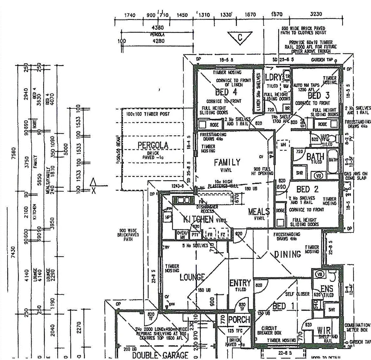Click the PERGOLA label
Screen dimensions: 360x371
(153, 145)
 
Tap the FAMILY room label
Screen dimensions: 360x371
(227, 162)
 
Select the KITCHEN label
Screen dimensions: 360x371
(198, 219)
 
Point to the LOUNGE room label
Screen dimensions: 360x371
(192, 277)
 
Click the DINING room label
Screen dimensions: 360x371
(287, 254)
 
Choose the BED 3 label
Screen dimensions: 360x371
(319, 96)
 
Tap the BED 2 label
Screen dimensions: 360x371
(307, 189)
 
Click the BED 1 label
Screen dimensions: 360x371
(283, 306)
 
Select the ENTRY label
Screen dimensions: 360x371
(240, 283)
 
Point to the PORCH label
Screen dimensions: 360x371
(239, 320)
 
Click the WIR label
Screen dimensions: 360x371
(324, 331)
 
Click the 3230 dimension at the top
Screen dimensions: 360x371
(316, 14)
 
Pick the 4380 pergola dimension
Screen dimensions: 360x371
(158, 28)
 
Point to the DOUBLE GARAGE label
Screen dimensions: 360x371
(160, 355)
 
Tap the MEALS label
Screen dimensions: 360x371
(259, 212)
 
